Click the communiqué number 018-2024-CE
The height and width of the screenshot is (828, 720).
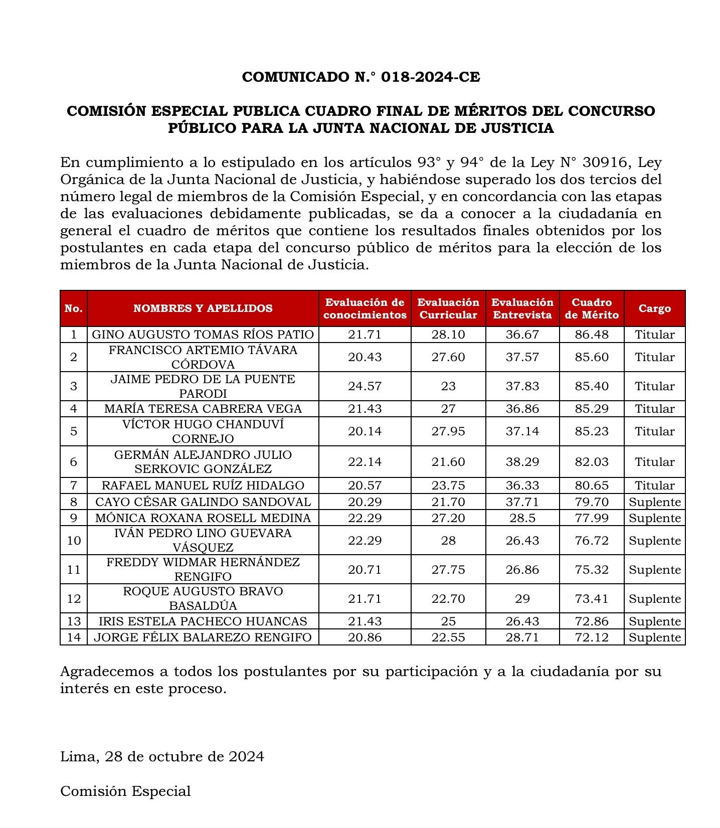tap(430, 77)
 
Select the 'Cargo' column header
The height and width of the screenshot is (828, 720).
tap(654, 308)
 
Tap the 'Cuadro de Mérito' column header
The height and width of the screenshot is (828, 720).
tap(592, 308)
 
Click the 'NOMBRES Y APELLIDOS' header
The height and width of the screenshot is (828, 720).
tap(203, 308)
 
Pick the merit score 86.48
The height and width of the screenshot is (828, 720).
tap(592, 335)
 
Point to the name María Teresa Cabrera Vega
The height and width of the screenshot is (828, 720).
tap(203, 409)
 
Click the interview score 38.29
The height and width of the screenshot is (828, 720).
tap(522, 461)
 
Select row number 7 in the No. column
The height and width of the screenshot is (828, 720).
tap(74, 485)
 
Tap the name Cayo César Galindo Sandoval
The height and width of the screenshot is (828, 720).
tap(203, 502)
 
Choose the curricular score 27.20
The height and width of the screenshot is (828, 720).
tap(448, 518)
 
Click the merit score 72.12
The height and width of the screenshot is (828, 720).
tap(592, 637)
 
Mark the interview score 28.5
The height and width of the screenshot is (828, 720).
tap(522, 518)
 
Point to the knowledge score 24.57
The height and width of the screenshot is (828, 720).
tap(365, 386)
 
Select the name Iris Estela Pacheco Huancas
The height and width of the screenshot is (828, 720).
tap(203, 621)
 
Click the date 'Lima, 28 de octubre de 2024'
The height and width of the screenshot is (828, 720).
tap(162, 756)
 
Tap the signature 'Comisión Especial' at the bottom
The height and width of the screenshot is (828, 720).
tap(125, 791)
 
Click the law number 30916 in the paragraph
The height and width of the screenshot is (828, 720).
tap(602, 163)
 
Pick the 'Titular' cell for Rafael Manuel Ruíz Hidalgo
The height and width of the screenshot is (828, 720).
tap(654, 485)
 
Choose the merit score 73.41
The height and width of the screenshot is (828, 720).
tap(592, 599)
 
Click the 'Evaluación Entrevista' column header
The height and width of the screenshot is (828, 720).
tap(522, 308)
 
